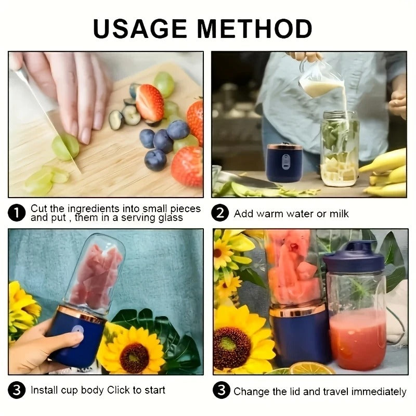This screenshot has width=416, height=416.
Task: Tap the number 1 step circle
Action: point(17,213)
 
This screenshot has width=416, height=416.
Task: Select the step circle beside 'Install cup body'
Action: point(17,391)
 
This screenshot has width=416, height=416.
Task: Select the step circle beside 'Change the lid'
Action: point(221,391)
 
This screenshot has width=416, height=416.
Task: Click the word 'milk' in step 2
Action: point(339,214)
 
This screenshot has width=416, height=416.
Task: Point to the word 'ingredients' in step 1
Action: point(84,209)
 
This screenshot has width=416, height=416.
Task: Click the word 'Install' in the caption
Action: point(44,391)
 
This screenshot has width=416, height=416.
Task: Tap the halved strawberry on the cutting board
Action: point(150,102)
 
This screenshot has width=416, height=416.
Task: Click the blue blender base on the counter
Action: point(284,162)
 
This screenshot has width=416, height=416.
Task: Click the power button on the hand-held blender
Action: point(76,333)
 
